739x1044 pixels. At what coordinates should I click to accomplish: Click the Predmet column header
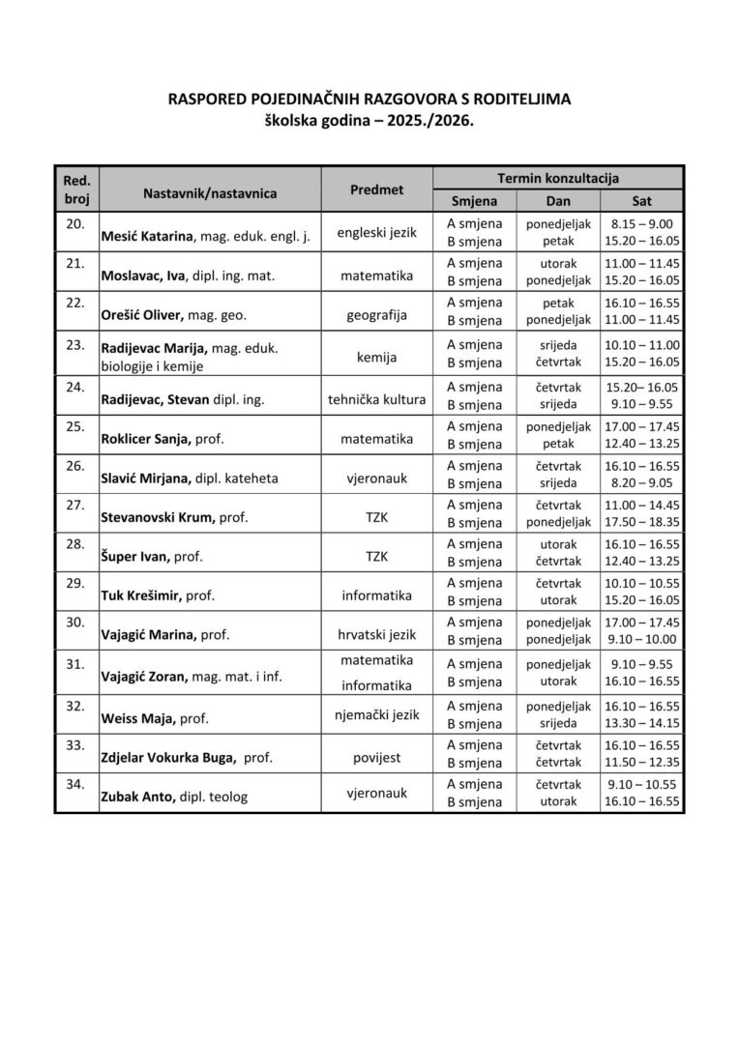[376, 190]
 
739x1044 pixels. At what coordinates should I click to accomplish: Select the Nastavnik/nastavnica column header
[209, 193]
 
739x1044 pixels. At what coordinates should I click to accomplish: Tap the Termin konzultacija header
[558, 178]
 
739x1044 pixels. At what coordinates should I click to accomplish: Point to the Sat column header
[641, 201]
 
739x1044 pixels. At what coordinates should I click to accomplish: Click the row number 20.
[74, 223]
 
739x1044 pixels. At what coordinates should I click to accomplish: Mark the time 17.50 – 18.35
[641, 522]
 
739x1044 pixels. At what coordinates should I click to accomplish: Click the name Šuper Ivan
[134, 558]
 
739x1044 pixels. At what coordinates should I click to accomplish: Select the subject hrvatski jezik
[376, 634]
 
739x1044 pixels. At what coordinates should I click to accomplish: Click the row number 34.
[74, 784]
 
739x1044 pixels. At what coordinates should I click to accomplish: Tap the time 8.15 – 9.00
[641, 223]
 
